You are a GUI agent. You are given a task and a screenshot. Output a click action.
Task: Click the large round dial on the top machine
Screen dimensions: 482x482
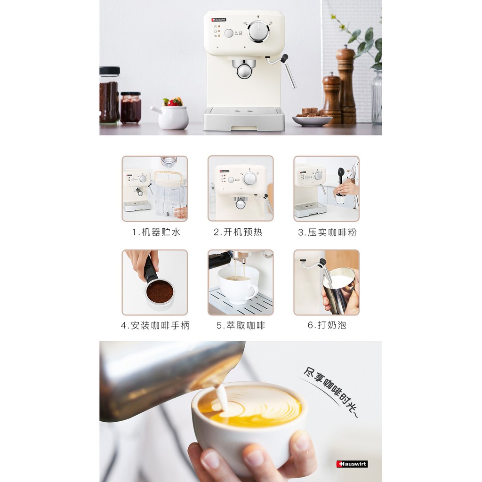pyautogui.click(x=258, y=32)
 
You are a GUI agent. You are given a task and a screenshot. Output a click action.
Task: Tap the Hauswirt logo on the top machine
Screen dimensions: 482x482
pyautogui.click(x=218, y=20)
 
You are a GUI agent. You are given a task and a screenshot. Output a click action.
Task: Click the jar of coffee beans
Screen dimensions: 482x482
pyautogui.click(x=109, y=95)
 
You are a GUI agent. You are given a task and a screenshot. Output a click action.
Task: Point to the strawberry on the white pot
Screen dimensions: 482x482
pyautogui.click(x=174, y=103)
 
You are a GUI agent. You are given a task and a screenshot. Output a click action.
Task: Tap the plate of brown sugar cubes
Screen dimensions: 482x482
pyautogui.click(x=312, y=117)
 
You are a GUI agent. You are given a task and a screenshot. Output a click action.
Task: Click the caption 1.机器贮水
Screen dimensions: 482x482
pyautogui.click(x=156, y=232)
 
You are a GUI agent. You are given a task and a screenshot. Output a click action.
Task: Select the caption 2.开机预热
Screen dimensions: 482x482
pyautogui.click(x=238, y=232)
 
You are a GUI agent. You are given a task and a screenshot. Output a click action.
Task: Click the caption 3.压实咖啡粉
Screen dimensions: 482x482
pyautogui.click(x=328, y=233)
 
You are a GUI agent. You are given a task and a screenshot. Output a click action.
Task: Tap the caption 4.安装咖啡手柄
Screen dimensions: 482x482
pyautogui.click(x=155, y=325)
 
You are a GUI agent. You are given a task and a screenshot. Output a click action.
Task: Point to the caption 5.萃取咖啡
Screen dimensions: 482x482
pyautogui.click(x=241, y=325)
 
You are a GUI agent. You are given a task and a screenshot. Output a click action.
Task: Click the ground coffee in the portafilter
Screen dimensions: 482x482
pyautogui.click(x=160, y=292)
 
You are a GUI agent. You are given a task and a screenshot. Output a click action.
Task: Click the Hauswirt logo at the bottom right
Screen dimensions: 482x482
pyautogui.click(x=352, y=464)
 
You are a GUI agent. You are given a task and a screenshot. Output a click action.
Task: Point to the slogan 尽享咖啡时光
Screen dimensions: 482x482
pyautogui.click(x=331, y=391)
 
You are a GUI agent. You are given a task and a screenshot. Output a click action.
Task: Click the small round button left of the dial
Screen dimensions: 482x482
pyautogui.click(x=229, y=33)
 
